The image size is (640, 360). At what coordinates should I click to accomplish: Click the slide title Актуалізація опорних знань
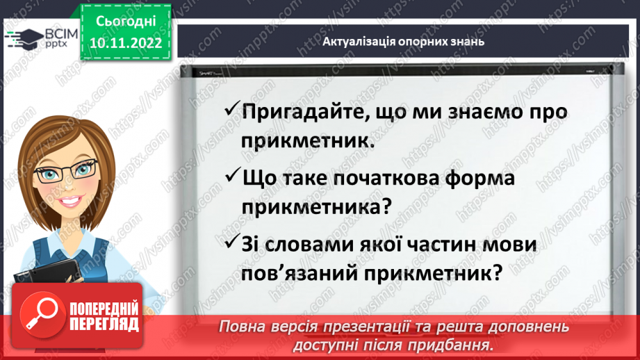(403, 42)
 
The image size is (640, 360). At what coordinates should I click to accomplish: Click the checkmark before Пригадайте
(232, 111)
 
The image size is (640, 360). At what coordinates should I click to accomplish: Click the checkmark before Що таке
(232, 178)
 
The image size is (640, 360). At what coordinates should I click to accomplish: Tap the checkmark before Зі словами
(232, 245)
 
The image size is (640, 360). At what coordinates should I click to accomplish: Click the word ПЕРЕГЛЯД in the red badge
(104, 324)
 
